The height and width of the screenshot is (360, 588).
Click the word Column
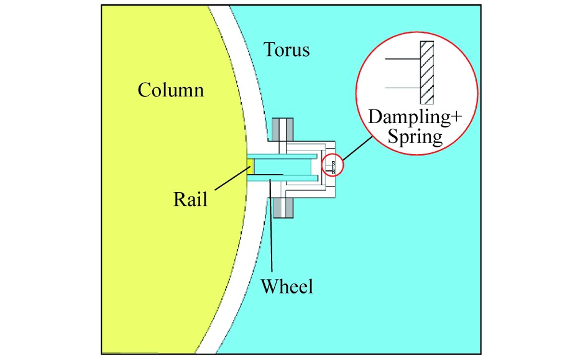pyautogui.click(x=170, y=91)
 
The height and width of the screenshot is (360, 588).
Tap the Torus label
pyautogui.click(x=286, y=49)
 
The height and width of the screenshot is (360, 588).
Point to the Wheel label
pyautogui.click(x=287, y=287)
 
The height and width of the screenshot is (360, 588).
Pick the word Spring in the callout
pyautogui.click(x=415, y=136)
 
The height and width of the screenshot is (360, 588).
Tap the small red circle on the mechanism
pyautogui.click(x=333, y=165)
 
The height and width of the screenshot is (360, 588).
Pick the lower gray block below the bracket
pyautogui.click(x=282, y=207)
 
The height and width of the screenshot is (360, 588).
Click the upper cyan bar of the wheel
pyautogui.click(x=283, y=155)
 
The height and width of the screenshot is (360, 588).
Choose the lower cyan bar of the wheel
pyautogui.click(x=283, y=178)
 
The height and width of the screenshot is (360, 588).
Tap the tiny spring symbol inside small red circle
pyautogui.click(x=334, y=166)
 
